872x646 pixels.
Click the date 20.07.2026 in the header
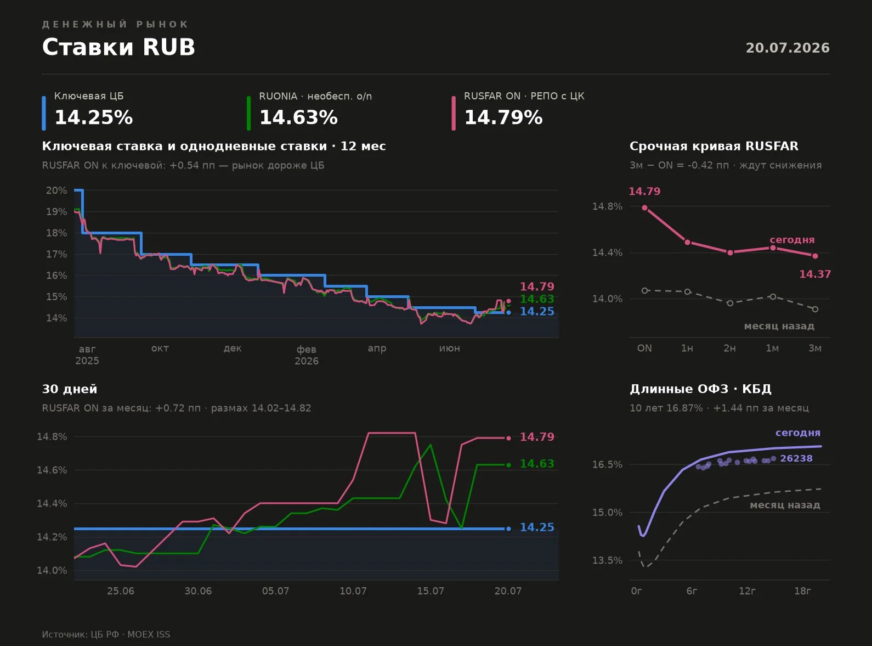tap(788, 48)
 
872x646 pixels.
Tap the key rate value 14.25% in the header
tap(94, 117)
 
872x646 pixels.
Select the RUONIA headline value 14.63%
tap(298, 117)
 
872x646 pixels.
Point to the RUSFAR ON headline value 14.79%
tap(503, 117)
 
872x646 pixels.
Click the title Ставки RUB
tap(118, 47)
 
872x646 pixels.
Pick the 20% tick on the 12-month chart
tap(56, 190)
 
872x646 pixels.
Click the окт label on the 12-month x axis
tap(160, 348)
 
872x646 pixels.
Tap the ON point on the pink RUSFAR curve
tap(645, 207)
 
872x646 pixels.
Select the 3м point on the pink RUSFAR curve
tap(815, 256)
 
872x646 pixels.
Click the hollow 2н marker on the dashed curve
tap(729, 304)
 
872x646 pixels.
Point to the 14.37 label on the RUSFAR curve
tap(815, 274)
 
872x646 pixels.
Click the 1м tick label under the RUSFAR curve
tap(772, 348)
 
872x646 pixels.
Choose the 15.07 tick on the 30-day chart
tap(431, 591)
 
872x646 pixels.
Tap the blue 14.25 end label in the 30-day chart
tap(537, 527)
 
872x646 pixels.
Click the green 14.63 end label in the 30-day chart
tap(537, 464)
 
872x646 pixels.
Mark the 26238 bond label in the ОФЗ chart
tap(796, 458)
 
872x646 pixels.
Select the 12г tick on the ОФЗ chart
tap(747, 591)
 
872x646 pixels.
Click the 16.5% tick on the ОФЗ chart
tap(608, 465)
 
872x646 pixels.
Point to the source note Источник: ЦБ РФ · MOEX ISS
tap(106, 634)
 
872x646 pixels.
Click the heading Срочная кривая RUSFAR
tap(714, 146)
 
